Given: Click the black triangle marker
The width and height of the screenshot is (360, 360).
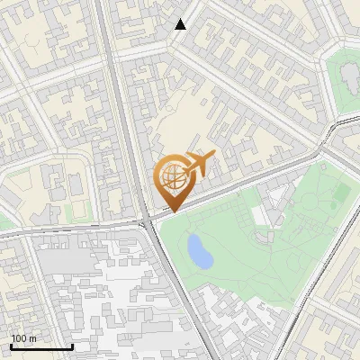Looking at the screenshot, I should (x=181, y=24).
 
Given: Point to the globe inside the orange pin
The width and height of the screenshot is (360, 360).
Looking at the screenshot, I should (x=172, y=177).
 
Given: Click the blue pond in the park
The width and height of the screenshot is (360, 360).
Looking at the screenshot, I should (x=199, y=252).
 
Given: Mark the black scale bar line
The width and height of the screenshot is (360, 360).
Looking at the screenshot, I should (x=41, y=346).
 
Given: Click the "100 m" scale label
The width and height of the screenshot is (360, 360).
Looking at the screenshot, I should (x=24, y=338).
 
